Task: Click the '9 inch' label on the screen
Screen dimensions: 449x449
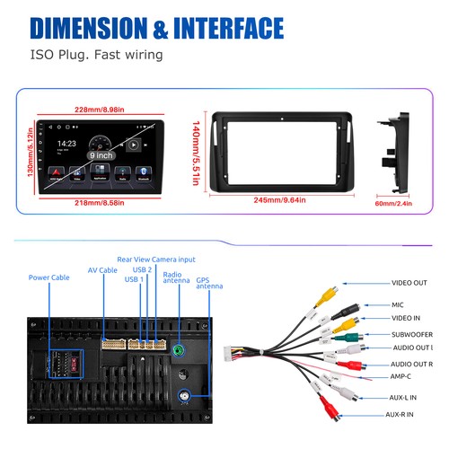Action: [x=101, y=154]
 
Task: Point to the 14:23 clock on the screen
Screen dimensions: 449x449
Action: [x=66, y=143]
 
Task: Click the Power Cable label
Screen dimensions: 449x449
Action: [x=49, y=277]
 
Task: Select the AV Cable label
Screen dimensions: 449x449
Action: [x=102, y=269]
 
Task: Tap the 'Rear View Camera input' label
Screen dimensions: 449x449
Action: [x=161, y=259]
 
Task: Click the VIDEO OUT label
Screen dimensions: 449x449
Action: [x=409, y=283]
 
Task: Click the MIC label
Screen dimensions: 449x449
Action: [x=398, y=304]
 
